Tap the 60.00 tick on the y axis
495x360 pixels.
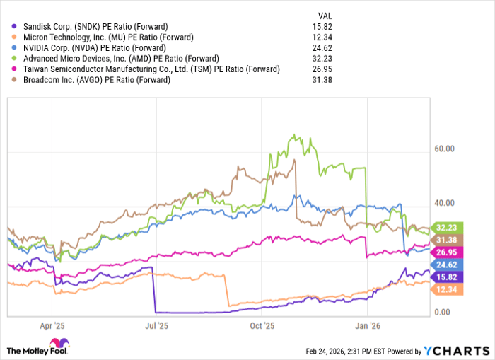click(445, 149)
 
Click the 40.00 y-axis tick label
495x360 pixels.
click(445, 204)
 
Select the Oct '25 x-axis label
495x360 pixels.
click(262, 327)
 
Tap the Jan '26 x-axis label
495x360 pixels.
click(367, 327)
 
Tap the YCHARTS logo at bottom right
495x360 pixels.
click(455, 350)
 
